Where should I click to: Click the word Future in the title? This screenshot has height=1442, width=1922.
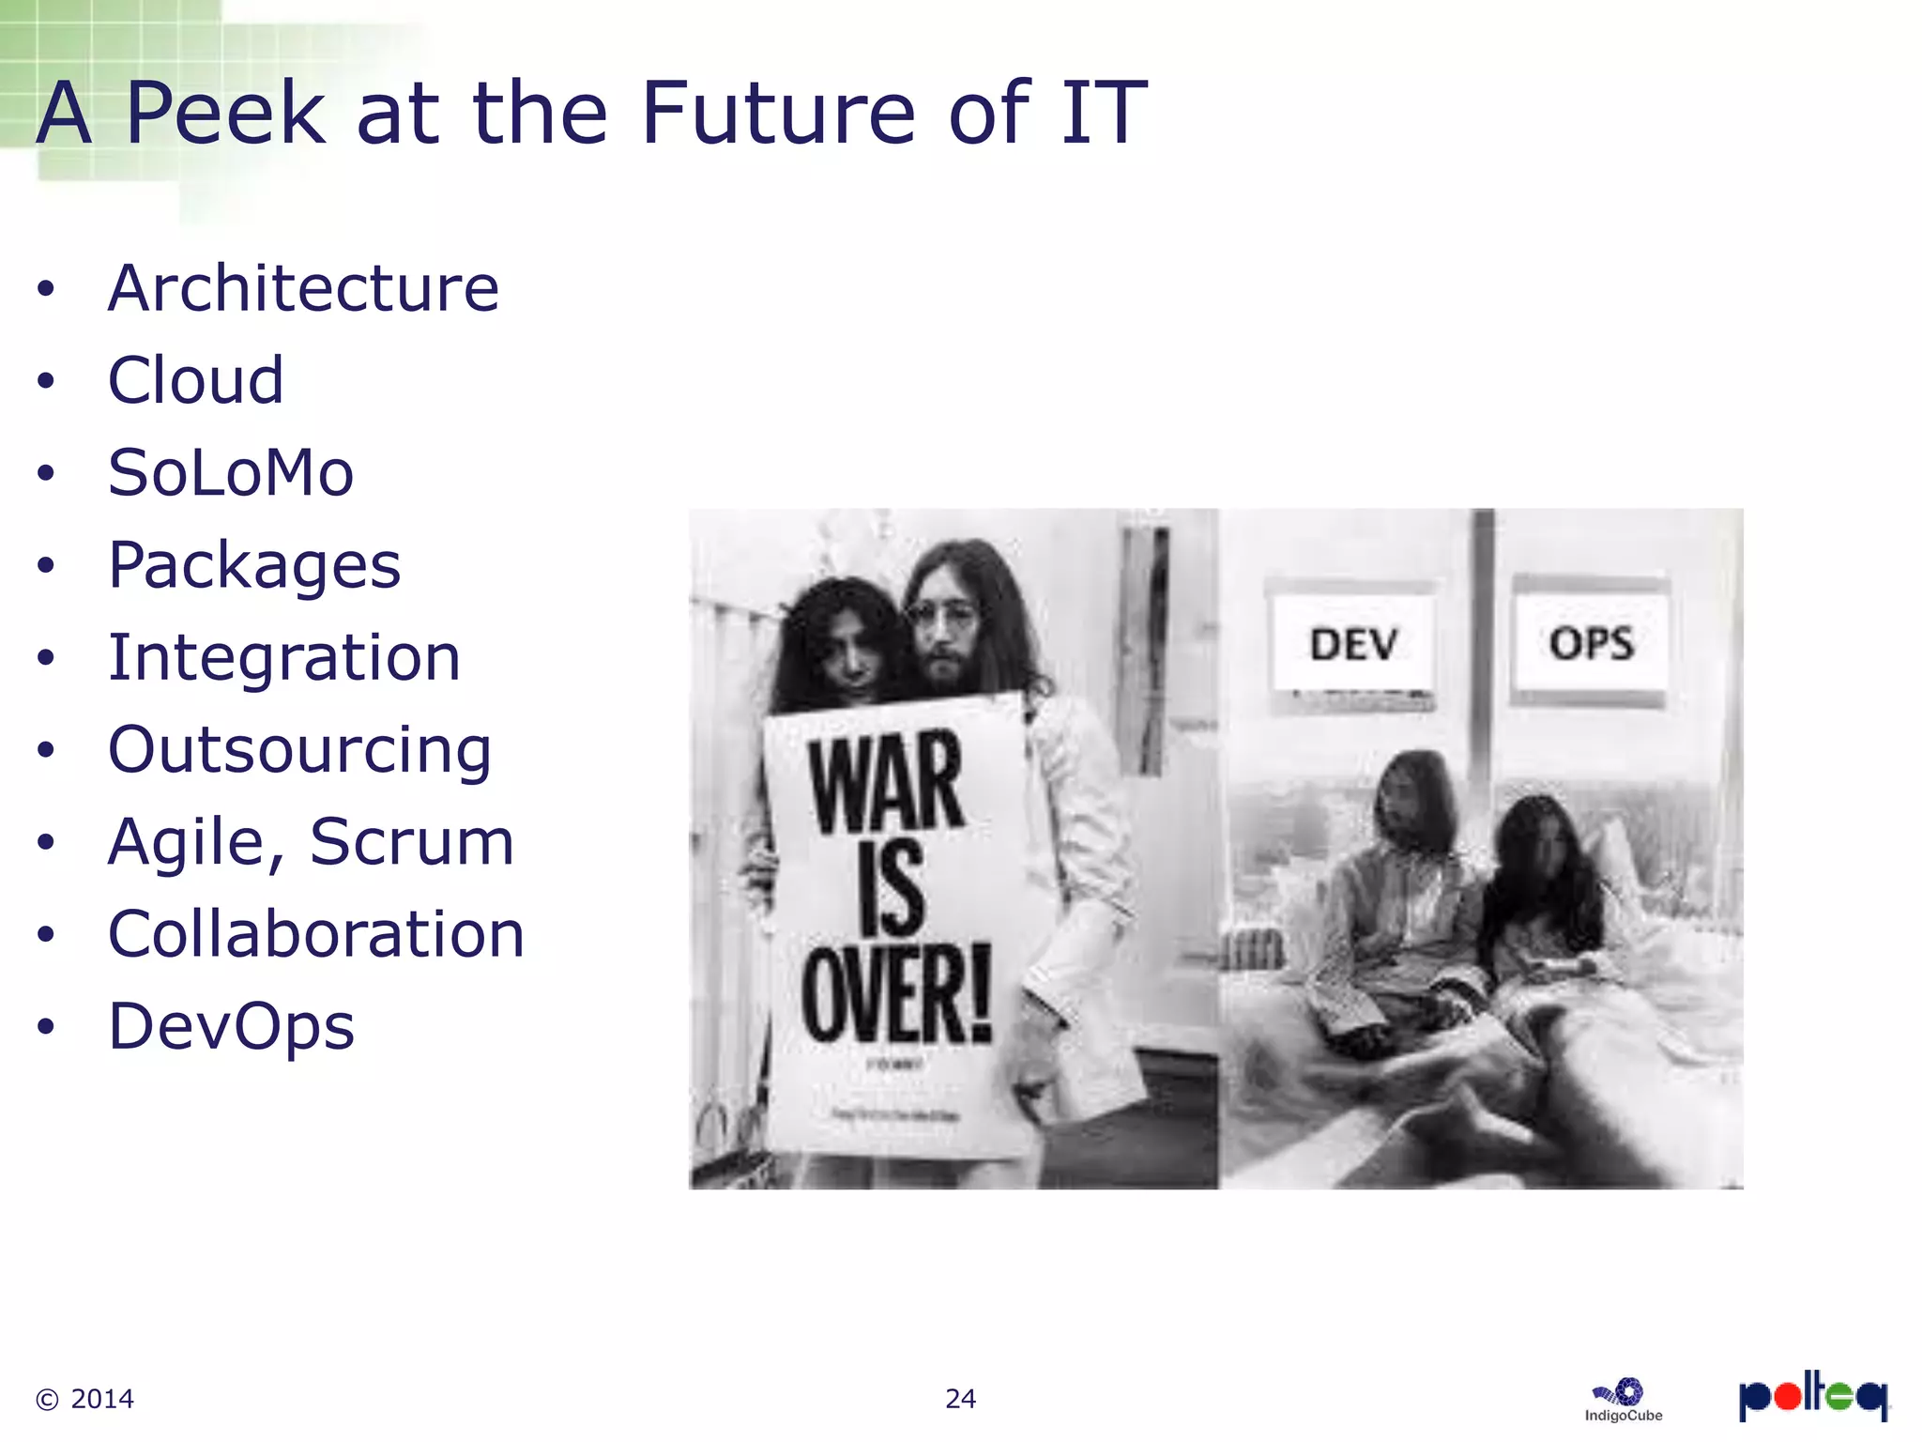pos(777,114)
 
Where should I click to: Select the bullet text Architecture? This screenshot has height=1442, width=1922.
pos(303,288)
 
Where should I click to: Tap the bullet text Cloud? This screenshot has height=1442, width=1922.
pos(195,380)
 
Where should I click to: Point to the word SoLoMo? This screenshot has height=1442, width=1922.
pos(231,472)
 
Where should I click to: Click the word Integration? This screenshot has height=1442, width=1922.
pos(284,657)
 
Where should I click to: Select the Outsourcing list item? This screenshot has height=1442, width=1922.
pos(299,750)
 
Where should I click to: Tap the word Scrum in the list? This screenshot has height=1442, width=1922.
pos(411,841)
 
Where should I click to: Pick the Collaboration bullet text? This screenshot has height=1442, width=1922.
pos(316,934)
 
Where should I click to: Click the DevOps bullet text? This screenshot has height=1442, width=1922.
pos(231,1026)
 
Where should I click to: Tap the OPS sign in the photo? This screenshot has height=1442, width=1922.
pos(1591,644)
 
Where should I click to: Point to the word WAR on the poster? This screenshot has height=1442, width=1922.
pos(886,781)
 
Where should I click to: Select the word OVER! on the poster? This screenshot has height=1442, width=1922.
pos(896,995)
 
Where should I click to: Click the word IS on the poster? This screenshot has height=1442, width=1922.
pos(890,888)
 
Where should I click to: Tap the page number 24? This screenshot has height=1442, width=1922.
pos(960,1399)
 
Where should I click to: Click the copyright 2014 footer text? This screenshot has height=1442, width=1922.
pos(84,1399)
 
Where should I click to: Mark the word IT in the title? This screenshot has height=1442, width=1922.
pos(1104,114)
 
